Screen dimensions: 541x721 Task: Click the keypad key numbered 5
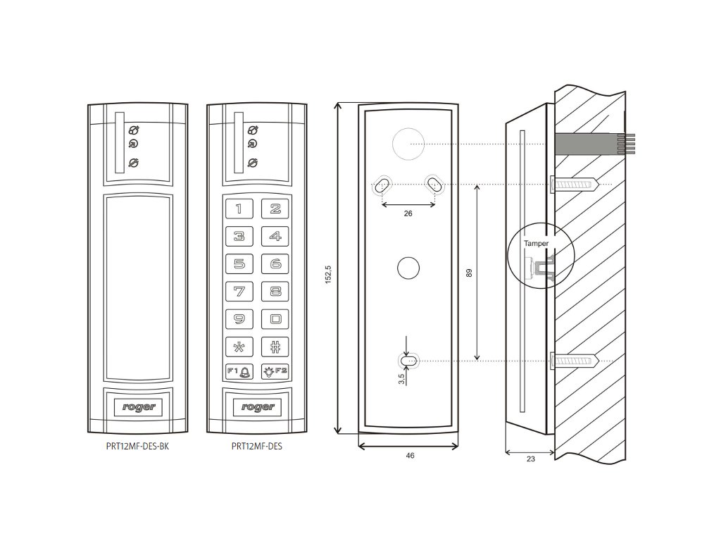(239, 264)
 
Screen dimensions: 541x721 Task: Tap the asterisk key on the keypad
(239, 346)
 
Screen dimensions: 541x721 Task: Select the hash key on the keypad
(276, 346)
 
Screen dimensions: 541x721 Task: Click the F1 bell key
(239, 371)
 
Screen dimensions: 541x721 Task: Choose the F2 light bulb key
(275, 371)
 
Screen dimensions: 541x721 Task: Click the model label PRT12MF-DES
(257, 446)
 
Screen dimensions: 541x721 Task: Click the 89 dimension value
(470, 273)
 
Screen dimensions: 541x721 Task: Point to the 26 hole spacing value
(408, 213)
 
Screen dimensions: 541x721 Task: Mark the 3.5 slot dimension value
(401, 378)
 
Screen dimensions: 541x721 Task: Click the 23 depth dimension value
(530, 459)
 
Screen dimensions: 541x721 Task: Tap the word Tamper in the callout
(536, 243)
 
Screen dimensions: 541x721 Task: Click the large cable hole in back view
(408, 144)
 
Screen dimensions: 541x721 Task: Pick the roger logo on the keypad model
(257, 407)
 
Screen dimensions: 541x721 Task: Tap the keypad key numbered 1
(239, 209)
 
